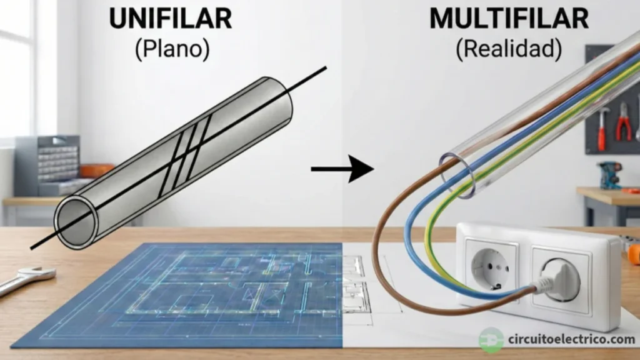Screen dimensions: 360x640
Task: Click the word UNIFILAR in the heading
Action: pos(171,19)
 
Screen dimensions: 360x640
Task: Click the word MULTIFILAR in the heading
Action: pos(508,19)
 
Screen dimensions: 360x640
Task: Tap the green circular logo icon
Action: pos(491,340)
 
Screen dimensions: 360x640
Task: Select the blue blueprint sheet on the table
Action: pos(181,294)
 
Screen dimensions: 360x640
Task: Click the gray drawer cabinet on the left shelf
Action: pos(47,166)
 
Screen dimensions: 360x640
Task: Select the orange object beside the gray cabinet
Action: pos(97,171)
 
